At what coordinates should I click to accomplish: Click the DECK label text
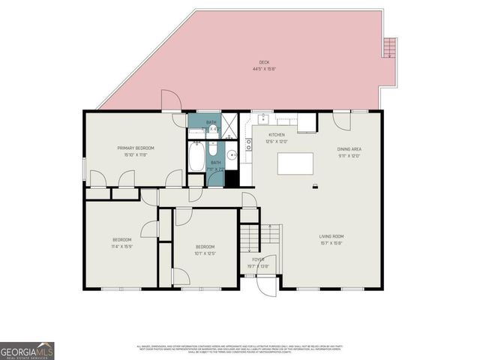(264, 63)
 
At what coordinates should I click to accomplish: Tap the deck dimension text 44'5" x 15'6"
(264, 69)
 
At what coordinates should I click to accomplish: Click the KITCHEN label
(276, 135)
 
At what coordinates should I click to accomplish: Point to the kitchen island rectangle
(295, 163)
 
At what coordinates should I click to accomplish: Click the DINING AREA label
(349, 149)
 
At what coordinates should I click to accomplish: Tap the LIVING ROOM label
(331, 236)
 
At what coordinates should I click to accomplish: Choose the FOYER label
(258, 259)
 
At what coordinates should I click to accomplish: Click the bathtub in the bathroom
(196, 158)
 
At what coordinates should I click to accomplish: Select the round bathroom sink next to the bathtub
(232, 157)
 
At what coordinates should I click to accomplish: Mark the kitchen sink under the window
(264, 118)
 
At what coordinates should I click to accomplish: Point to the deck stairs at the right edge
(389, 48)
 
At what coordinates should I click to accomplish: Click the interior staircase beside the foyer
(250, 239)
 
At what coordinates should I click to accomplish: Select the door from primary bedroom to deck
(170, 102)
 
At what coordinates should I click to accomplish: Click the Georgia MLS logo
(27, 350)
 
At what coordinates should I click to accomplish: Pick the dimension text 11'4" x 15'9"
(121, 246)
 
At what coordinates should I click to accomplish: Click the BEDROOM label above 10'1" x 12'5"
(205, 247)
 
